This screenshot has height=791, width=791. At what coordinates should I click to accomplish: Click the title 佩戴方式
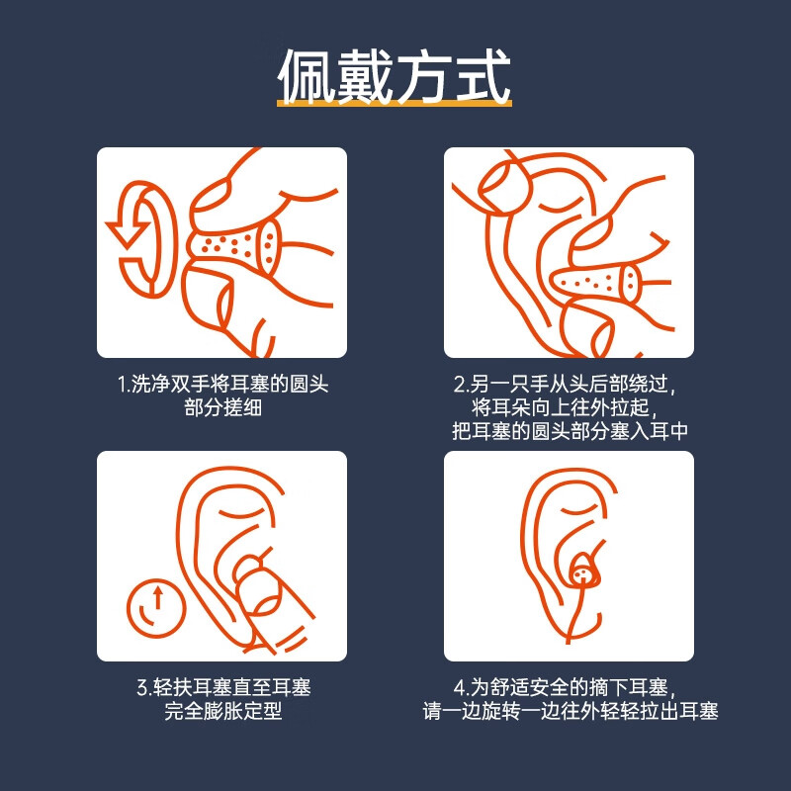point(395,76)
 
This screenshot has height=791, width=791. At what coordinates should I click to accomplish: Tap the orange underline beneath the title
point(395,104)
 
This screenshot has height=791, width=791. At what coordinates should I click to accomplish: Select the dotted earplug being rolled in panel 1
point(233,245)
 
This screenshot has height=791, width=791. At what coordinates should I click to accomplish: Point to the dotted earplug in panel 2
point(595,282)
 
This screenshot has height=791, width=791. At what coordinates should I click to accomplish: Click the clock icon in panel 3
point(156,608)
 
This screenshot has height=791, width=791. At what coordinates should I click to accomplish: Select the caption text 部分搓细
point(223,407)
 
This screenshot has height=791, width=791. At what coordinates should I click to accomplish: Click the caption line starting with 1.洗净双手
point(223,384)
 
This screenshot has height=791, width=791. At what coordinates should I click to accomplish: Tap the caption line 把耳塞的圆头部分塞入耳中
point(570,431)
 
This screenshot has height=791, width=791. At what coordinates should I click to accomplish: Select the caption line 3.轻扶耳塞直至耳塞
point(224,687)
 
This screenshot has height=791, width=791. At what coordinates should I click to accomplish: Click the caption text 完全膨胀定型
point(223,711)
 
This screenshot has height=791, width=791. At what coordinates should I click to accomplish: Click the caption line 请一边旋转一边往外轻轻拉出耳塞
point(571,711)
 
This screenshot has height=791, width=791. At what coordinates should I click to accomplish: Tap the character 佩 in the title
point(306,76)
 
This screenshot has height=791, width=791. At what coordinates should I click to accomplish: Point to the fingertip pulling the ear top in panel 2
point(505,188)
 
